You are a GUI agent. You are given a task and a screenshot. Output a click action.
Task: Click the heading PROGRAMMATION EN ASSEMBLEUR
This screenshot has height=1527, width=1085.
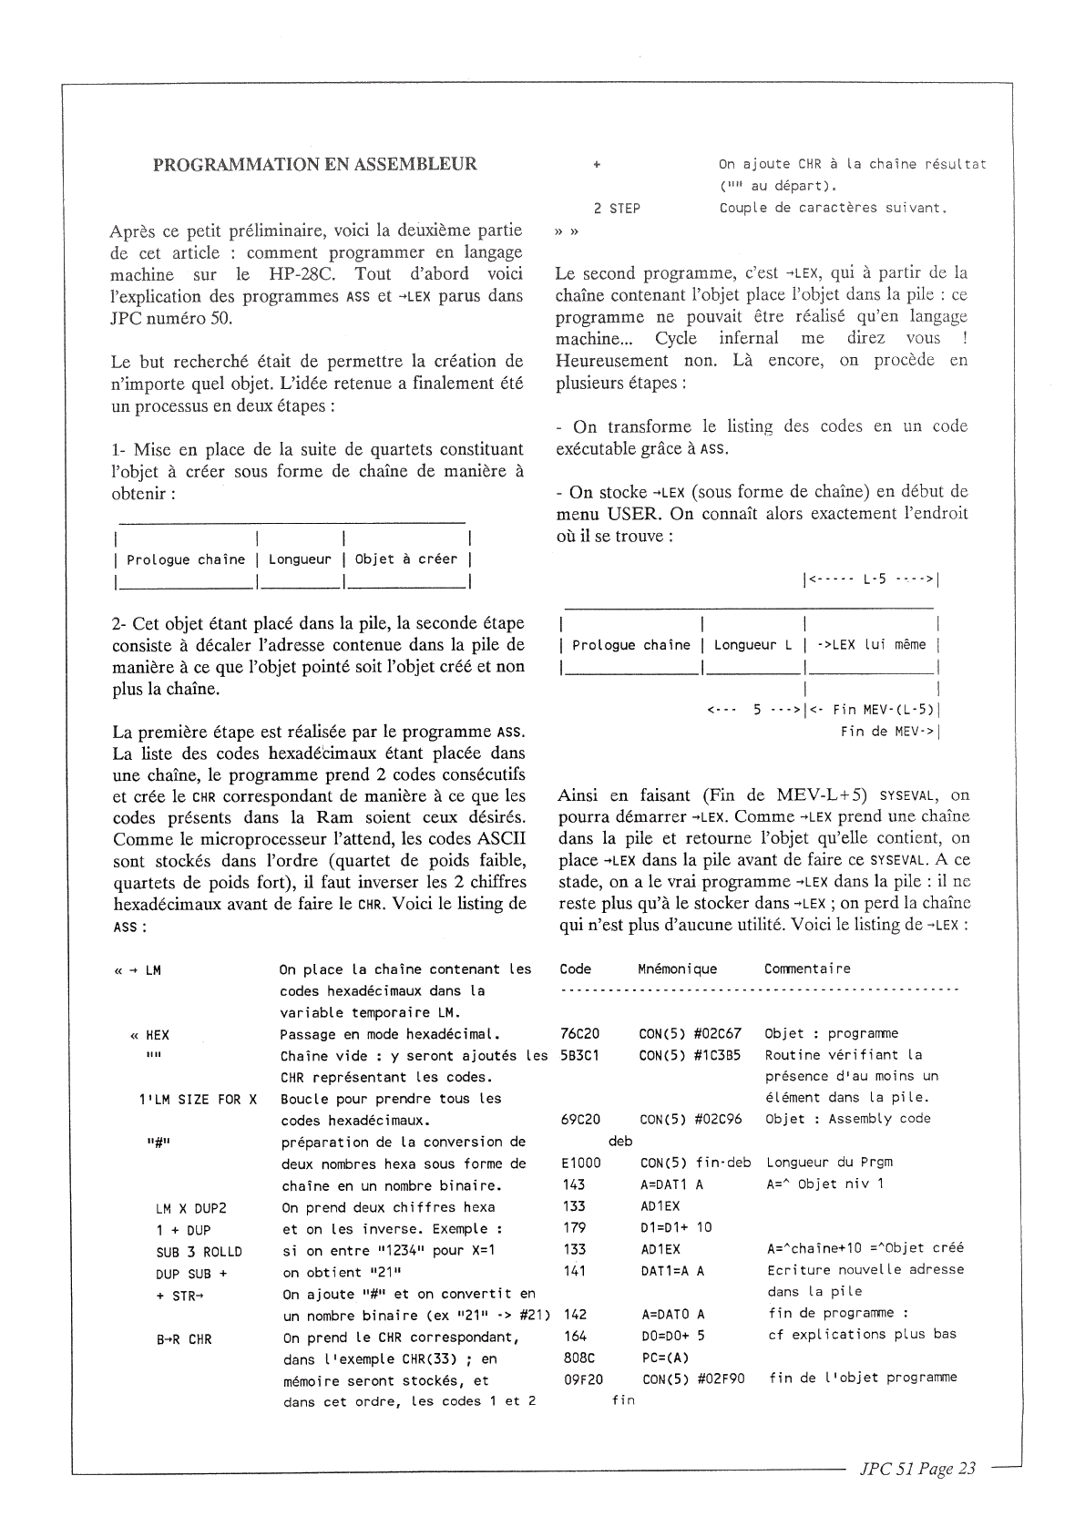pyautogui.click(x=314, y=165)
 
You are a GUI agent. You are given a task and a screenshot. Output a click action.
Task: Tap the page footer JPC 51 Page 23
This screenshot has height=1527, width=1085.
pyautogui.click(x=916, y=1469)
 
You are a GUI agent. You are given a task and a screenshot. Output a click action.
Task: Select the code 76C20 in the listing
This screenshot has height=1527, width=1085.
pyautogui.click(x=580, y=1033)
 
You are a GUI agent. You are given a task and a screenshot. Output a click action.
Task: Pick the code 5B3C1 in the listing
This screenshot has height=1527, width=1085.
pyautogui.click(x=580, y=1055)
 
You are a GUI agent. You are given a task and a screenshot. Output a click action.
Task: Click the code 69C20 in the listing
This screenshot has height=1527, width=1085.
pyautogui.click(x=580, y=1119)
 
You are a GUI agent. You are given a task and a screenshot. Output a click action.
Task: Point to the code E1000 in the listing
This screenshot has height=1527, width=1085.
pyautogui.click(x=581, y=1163)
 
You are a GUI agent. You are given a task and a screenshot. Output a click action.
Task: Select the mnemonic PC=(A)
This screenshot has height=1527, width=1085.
pyautogui.click(x=665, y=1356)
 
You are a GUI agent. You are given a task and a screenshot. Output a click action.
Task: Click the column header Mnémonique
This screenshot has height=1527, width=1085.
pyautogui.click(x=677, y=969)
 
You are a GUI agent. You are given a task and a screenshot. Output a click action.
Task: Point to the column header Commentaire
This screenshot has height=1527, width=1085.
pyautogui.click(x=807, y=969)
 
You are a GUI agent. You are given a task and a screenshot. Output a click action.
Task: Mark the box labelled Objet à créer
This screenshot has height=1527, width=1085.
pyautogui.click(x=405, y=559)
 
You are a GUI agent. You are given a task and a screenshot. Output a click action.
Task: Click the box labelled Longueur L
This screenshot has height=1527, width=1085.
pyautogui.click(x=752, y=645)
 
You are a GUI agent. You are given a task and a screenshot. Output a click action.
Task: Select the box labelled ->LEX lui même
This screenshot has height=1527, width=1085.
pyautogui.click(x=871, y=645)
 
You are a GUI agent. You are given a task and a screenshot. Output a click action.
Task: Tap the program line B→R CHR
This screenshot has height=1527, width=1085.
pyautogui.click(x=184, y=1339)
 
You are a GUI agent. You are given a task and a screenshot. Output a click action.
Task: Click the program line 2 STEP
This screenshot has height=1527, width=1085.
pyautogui.click(x=617, y=209)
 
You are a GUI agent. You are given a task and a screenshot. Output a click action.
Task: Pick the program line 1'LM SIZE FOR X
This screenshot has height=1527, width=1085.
pyautogui.click(x=197, y=1100)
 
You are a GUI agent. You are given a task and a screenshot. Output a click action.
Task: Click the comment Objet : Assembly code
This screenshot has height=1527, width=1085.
pyautogui.click(x=847, y=1119)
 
